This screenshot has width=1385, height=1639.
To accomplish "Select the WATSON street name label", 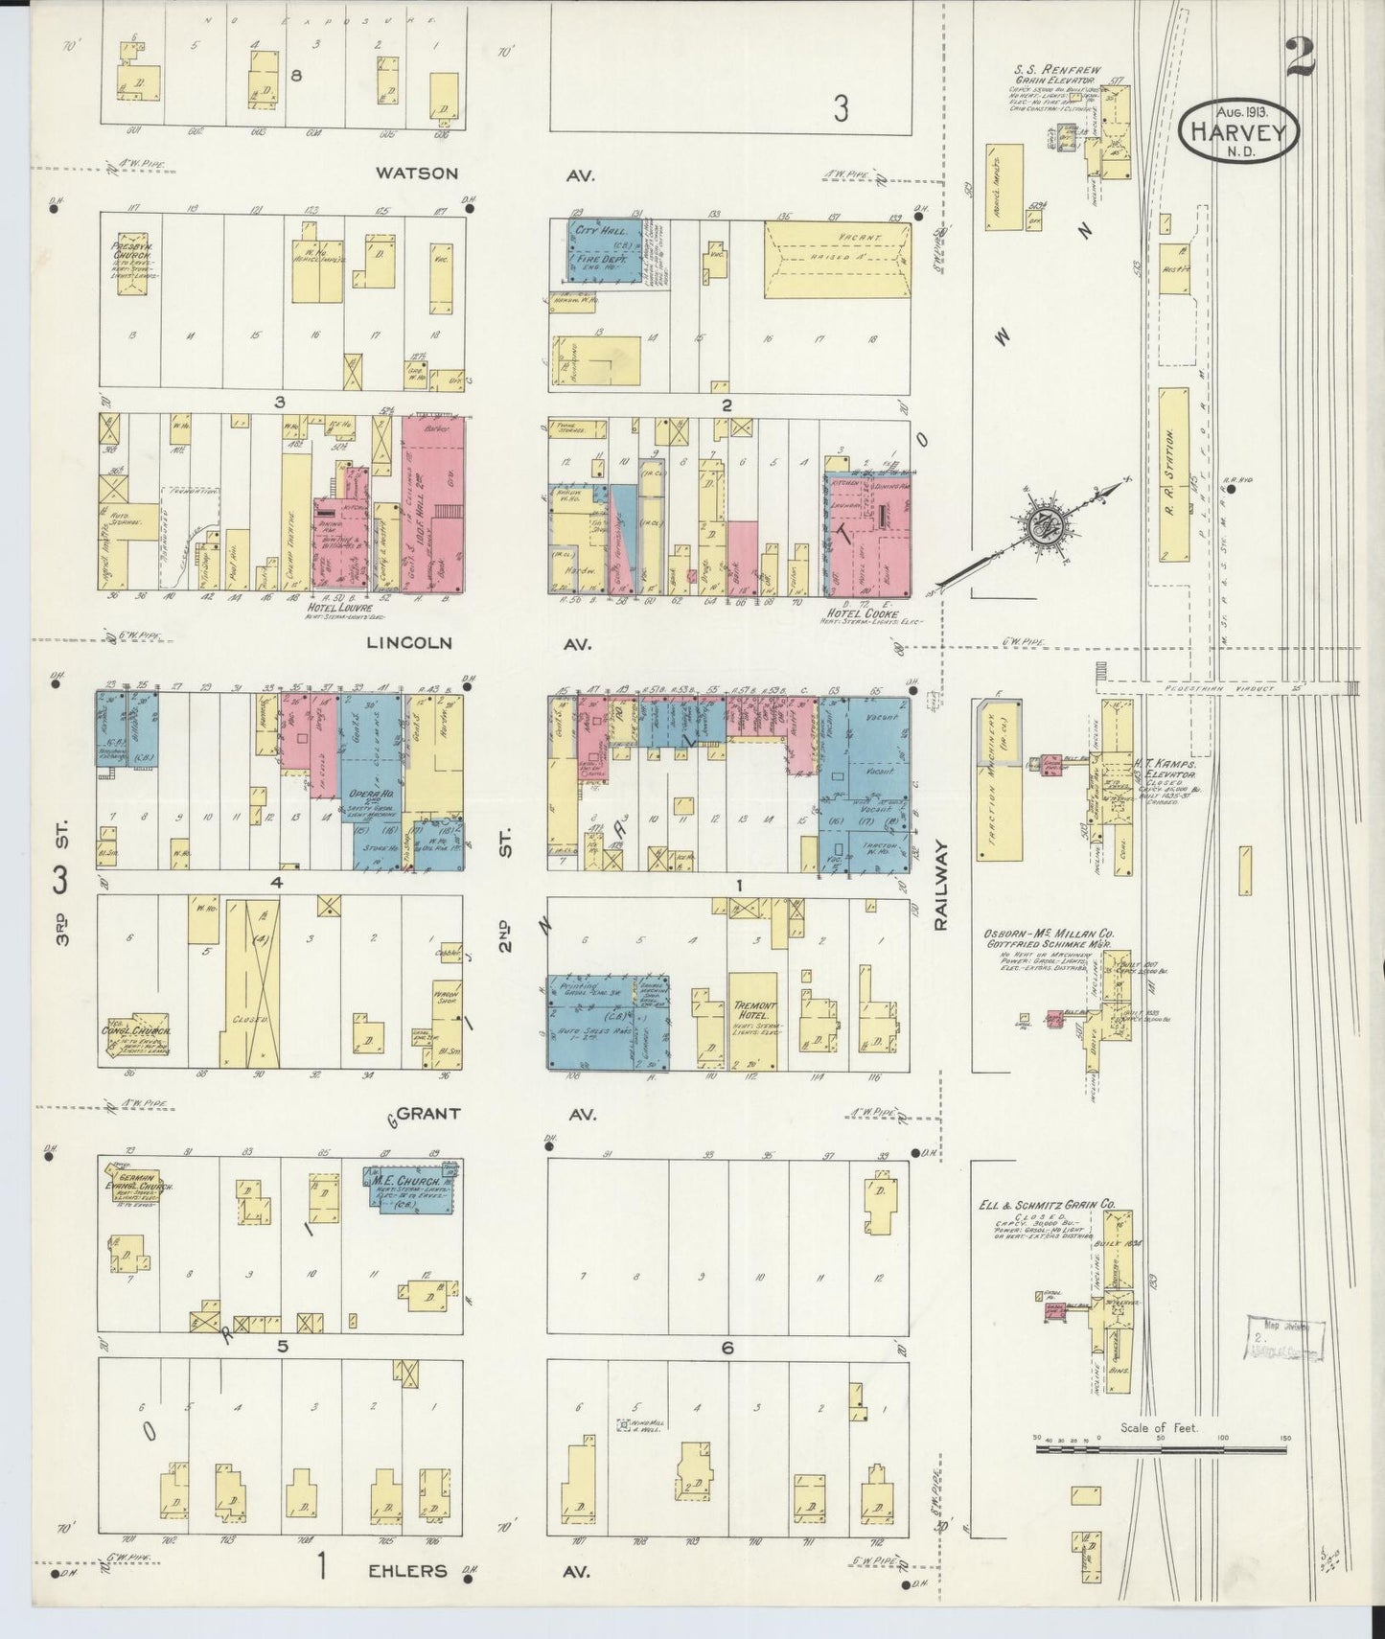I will pos(417,173).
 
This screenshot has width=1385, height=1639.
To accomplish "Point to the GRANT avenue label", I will pos(428,1114).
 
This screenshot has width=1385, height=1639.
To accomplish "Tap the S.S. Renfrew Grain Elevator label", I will pos(1057,76).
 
